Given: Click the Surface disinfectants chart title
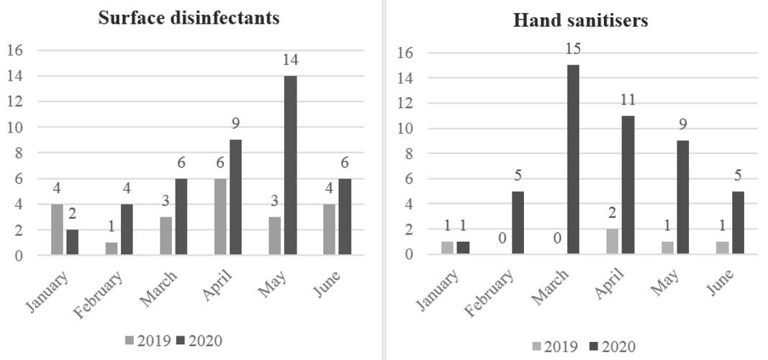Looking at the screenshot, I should (x=189, y=18).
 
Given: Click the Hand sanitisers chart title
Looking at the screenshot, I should (x=580, y=20).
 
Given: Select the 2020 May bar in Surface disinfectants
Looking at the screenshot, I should (x=290, y=165).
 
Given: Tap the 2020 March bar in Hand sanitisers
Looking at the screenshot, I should (x=573, y=159).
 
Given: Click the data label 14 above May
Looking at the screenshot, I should (x=290, y=60).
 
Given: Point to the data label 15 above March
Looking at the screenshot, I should (x=573, y=49).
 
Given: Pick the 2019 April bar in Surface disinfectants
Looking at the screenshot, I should (x=220, y=216).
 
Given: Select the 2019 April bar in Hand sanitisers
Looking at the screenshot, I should (x=612, y=241).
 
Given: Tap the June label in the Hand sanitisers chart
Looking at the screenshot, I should (x=720, y=285).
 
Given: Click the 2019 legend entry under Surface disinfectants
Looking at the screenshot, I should (x=148, y=341).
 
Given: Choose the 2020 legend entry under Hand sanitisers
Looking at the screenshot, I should (x=612, y=346).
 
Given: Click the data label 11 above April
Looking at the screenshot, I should (x=628, y=100).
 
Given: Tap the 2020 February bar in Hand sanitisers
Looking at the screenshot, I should (x=518, y=222).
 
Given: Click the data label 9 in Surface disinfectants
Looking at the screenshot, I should (x=235, y=124).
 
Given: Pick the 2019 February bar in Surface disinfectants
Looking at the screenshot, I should (x=112, y=248).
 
